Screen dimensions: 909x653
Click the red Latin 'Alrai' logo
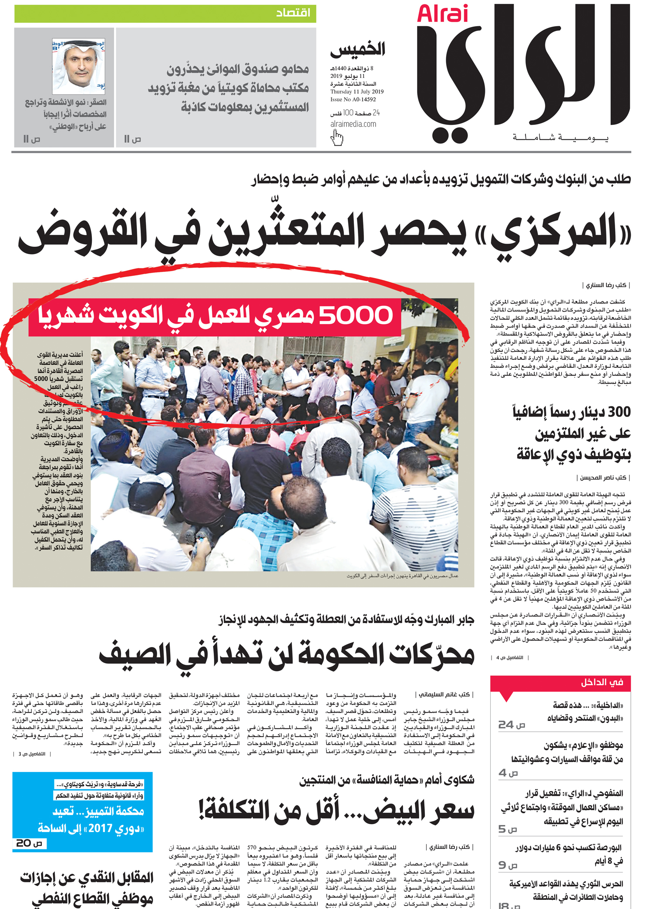coord(442,14)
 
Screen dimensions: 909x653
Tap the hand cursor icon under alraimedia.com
coord(337,138)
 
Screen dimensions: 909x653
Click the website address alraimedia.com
coord(353,124)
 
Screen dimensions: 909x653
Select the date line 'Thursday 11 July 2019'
coord(357,92)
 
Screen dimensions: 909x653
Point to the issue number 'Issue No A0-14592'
coord(353,100)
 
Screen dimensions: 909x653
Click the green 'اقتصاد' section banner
coord(165,13)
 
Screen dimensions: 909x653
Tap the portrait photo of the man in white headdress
coord(79,67)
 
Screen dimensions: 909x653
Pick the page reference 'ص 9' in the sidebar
coord(508,864)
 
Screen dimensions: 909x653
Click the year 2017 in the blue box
coord(101,828)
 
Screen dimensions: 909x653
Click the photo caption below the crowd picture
coord(402,576)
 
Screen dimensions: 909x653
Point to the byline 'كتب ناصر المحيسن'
coord(603,478)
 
